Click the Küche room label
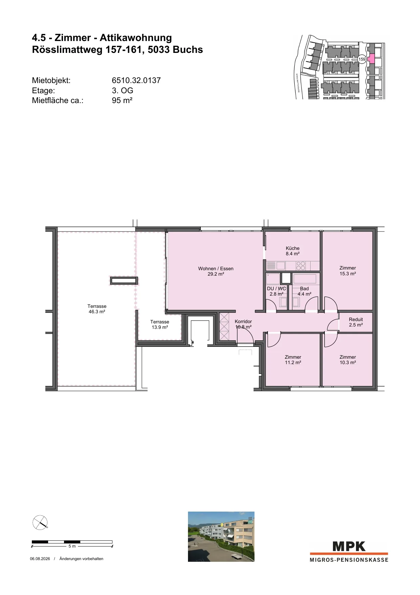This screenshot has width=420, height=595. click(x=293, y=248)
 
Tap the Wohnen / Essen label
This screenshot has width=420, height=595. click(x=216, y=269)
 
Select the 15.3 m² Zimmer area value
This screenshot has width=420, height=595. click(x=348, y=274)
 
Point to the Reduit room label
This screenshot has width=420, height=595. click(x=356, y=319)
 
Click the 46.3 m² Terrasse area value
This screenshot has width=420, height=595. click(x=97, y=312)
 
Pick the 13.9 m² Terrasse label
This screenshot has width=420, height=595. click(x=160, y=322)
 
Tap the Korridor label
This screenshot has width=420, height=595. click(x=243, y=321)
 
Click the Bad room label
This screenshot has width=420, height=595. click(x=304, y=289)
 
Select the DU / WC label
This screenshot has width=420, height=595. click(x=276, y=289)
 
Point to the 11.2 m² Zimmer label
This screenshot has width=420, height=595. click(x=293, y=357)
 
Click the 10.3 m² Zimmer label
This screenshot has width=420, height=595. click(x=348, y=357)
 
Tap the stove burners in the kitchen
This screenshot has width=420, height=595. click(x=301, y=266)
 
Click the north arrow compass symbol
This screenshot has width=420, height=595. click(x=40, y=522)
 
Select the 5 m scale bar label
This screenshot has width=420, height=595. click(x=72, y=546)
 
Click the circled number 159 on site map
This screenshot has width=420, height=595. click(x=362, y=59)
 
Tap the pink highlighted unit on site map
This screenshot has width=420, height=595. click(x=371, y=59)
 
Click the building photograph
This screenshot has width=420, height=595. click(x=221, y=537)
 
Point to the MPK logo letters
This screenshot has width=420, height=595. click(x=349, y=546)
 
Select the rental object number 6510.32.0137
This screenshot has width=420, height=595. click(x=136, y=80)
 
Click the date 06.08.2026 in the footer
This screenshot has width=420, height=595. click(x=40, y=559)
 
